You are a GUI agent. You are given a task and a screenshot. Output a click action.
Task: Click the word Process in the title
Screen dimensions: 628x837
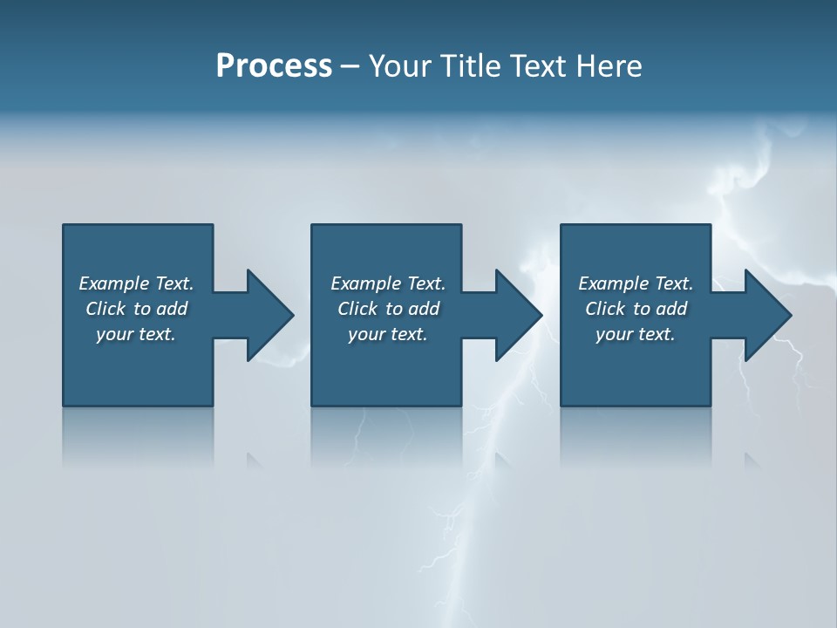274,66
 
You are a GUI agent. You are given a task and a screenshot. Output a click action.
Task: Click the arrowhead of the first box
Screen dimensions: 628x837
269,315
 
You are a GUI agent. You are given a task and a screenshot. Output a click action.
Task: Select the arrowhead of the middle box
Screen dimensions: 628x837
518,315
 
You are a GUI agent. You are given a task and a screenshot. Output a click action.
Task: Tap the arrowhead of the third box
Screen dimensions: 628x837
767,315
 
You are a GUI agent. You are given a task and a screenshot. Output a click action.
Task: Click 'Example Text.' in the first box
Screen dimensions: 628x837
136,283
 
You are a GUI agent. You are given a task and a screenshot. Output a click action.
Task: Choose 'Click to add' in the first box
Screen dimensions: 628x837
136,309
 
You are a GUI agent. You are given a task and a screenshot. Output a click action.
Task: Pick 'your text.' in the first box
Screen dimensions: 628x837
136,334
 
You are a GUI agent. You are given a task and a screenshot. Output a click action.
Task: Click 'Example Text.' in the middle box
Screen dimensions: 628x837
388,283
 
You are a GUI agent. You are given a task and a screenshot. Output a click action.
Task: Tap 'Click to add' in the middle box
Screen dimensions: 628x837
388,309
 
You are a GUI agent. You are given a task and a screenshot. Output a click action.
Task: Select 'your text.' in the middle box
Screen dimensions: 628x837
388,334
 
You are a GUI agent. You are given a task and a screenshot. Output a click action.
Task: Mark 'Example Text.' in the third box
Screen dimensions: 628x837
636,283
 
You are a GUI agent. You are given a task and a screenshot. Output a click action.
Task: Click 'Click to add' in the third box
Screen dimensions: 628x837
636,309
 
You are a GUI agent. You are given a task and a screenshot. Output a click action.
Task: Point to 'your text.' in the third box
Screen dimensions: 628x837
636,334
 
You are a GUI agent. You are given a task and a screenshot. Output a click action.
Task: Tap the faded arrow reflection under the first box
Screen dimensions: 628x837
254,460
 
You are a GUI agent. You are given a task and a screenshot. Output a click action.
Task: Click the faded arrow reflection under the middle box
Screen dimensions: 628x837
502,460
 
